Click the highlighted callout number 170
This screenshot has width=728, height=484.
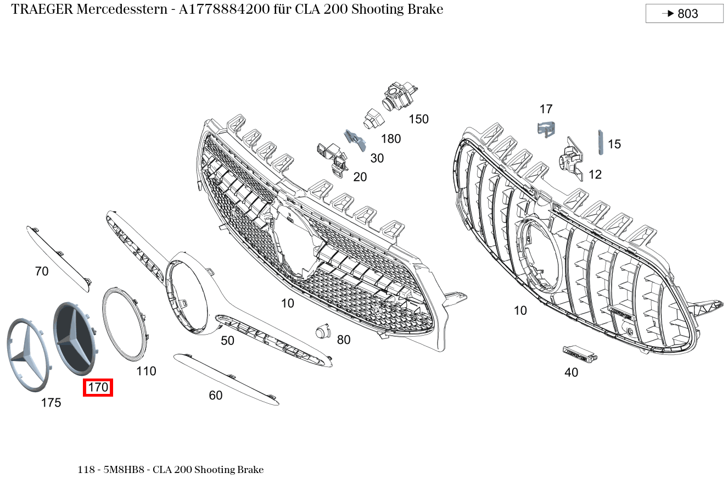[x=98, y=388]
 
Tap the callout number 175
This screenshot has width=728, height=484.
[x=51, y=403]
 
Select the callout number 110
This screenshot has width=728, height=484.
[x=146, y=371]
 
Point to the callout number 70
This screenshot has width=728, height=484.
[x=42, y=271]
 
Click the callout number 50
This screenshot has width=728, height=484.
[x=227, y=341]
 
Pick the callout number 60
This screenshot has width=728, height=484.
[x=216, y=396]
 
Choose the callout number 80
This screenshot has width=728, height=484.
[x=344, y=340]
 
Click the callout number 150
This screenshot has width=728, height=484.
[x=418, y=119]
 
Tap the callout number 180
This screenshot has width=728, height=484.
[x=391, y=139]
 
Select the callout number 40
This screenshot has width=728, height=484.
[x=571, y=372]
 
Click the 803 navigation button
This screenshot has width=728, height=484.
[x=684, y=14]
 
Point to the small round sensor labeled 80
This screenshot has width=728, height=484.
[x=321, y=331]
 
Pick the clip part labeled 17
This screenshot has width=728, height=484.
[x=546, y=130]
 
